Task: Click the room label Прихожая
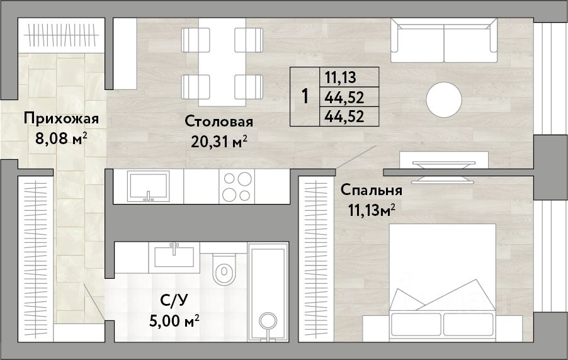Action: (x=61, y=119)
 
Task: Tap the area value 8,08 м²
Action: (x=61, y=138)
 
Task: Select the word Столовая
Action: (x=219, y=121)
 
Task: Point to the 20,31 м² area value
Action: (x=219, y=142)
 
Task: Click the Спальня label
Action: (x=372, y=190)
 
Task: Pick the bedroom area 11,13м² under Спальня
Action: (x=372, y=210)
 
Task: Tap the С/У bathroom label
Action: (x=174, y=300)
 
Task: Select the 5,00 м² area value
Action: (x=174, y=320)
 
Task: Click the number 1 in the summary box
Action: (x=305, y=97)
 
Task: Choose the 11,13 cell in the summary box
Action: (x=341, y=77)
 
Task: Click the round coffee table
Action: (x=444, y=99)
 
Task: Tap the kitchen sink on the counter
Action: (x=148, y=186)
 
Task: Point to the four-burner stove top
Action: (x=237, y=186)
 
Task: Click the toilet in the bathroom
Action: (x=224, y=268)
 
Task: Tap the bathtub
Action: (x=268, y=291)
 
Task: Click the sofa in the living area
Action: (x=444, y=40)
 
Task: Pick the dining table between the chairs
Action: (x=222, y=62)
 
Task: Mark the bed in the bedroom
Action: (x=443, y=283)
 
